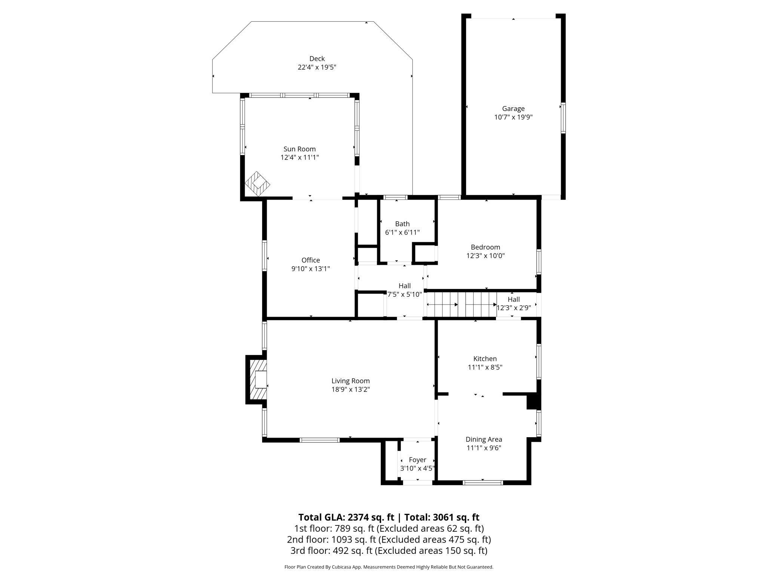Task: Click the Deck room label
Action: pyautogui.click(x=317, y=59)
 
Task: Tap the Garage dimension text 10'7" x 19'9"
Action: pyautogui.click(x=513, y=117)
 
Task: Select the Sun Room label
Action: pyautogui.click(x=299, y=149)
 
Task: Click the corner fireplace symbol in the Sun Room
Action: pyautogui.click(x=257, y=183)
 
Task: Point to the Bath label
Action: pyautogui.click(x=402, y=224)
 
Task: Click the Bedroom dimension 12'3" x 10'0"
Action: pyautogui.click(x=486, y=256)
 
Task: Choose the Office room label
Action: pyautogui.click(x=310, y=260)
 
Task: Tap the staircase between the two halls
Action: pyautogui.click(x=462, y=304)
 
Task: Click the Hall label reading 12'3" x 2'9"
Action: pyautogui.click(x=514, y=308)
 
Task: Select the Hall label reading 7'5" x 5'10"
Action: pyautogui.click(x=404, y=294)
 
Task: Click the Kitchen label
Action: pyautogui.click(x=485, y=359)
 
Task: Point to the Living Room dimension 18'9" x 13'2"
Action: pyautogui.click(x=350, y=389)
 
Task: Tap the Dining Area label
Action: pyautogui.click(x=484, y=439)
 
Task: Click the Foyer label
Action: pyautogui.click(x=417, y=460)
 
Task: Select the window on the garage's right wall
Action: pyautogui.click(x=563, y=118)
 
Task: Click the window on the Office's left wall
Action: pyautogui.click(x=264, y=256)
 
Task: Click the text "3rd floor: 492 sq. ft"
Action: pyautogui.click(x=331, y=550)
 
